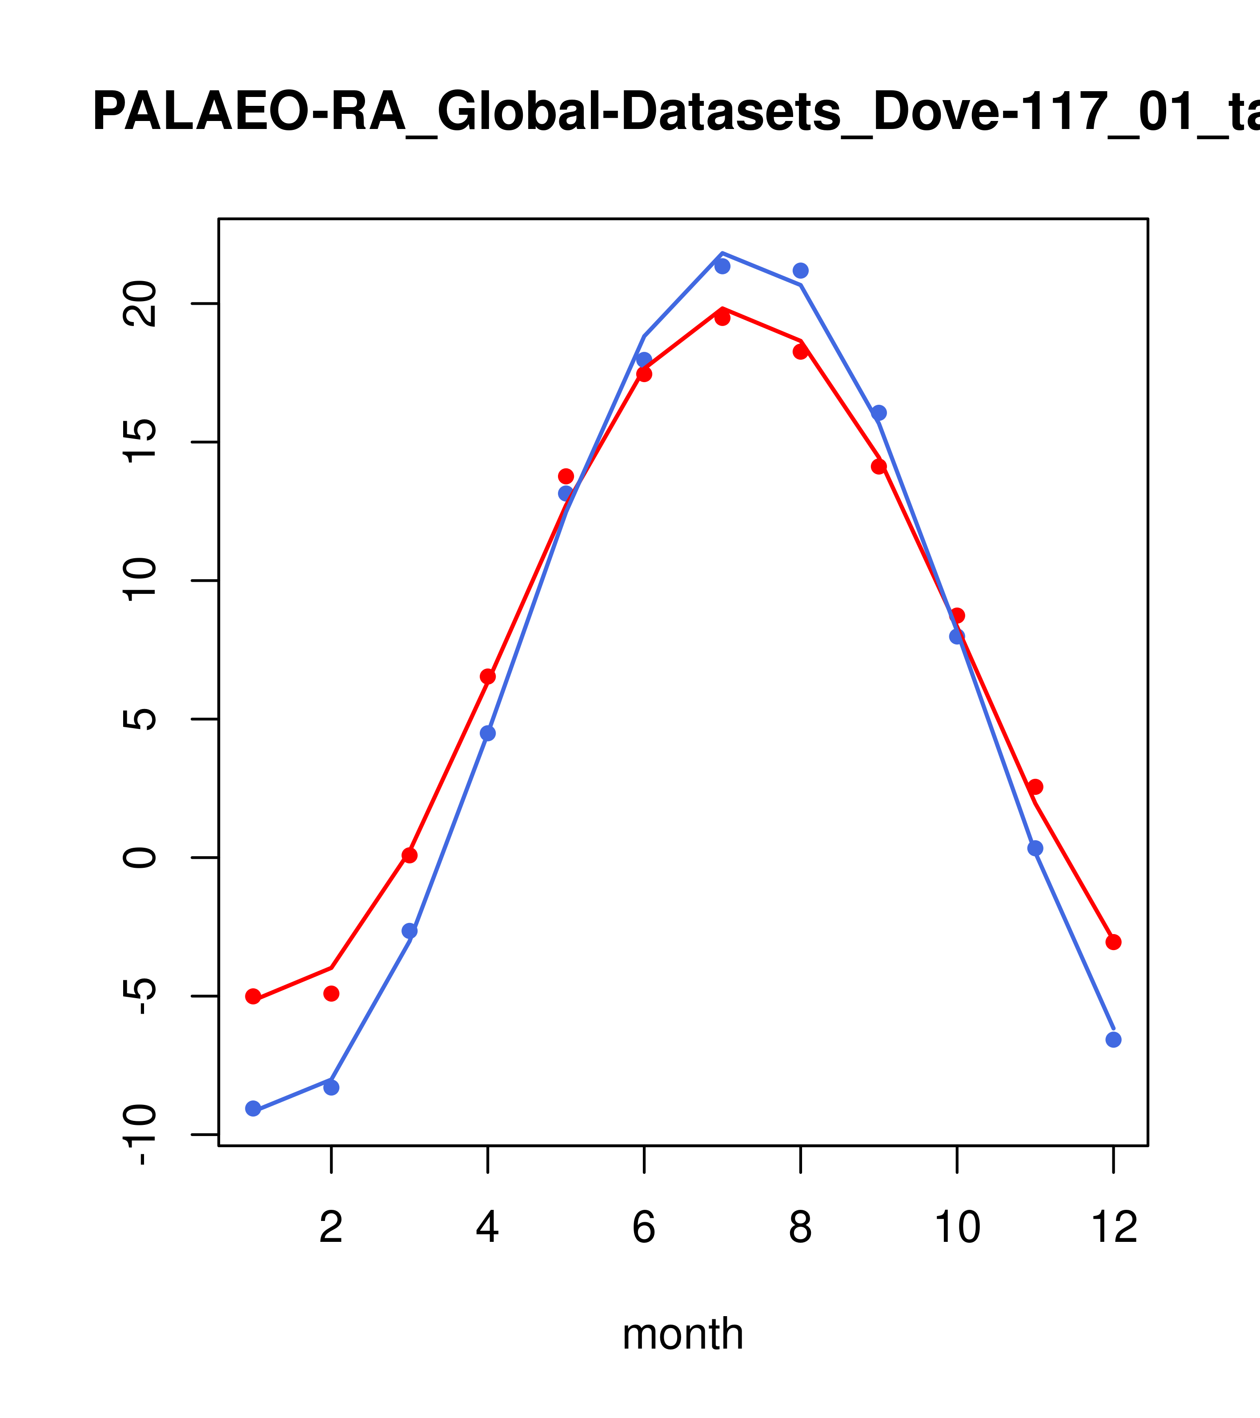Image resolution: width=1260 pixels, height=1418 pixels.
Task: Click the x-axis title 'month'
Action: (x=682, y=1333)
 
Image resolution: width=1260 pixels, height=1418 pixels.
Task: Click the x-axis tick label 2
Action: (x=332, y=1228)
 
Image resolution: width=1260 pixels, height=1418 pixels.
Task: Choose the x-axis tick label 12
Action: (x=1114, y=1228)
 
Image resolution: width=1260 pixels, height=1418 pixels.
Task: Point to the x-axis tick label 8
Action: (x=800, y=1228)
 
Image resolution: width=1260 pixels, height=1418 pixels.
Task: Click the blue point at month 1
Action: (x=253, y=1108)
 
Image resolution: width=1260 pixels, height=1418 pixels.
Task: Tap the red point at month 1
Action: (x=253, y=997)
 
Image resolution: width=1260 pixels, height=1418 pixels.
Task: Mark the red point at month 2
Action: (x=332, y=993)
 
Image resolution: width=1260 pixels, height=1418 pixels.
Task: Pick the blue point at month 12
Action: (x=1114, y=1039)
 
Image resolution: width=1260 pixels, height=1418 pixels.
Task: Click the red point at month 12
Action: (x=1114, y=942)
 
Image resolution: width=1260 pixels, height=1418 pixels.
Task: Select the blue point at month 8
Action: (x=800, y=270)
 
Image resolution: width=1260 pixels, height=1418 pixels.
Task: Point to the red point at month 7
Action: (x=722, y=318)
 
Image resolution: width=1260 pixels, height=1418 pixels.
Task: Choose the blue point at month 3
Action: (x=410, y=931)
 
